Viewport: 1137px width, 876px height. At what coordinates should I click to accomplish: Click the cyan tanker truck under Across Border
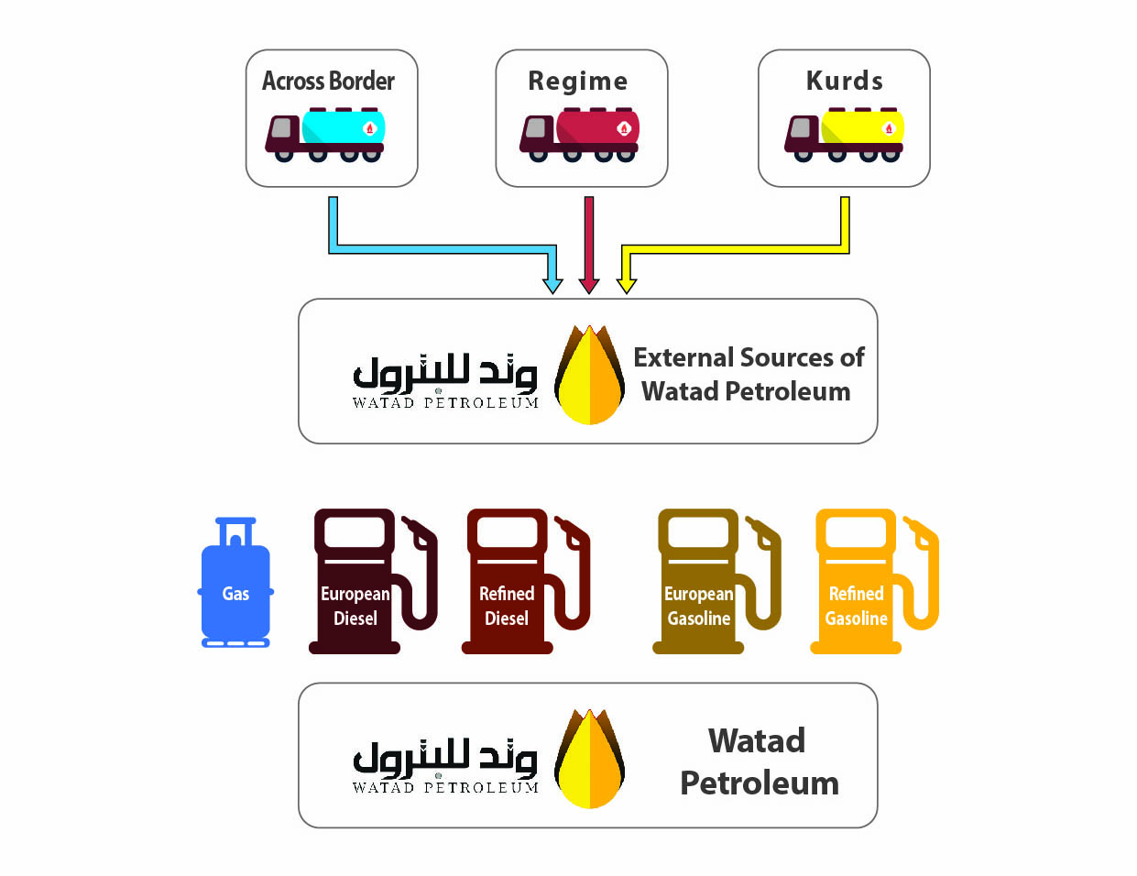click(x=326, y=135)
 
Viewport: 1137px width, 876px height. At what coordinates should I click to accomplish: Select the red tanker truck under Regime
click(x=580, y=135)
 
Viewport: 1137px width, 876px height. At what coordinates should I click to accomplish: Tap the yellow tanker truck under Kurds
click(x=845, y=135)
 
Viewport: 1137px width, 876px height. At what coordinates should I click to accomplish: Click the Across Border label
click(x=328, y=82)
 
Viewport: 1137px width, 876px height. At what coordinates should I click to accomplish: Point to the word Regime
click(x=578, y=82)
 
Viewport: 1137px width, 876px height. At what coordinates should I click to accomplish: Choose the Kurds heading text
click(x=845, y=82)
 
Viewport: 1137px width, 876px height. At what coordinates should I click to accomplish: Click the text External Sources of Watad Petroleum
click(x=748, y=374)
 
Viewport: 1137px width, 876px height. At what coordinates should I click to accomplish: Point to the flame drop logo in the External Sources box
click(x=590, y=375)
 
